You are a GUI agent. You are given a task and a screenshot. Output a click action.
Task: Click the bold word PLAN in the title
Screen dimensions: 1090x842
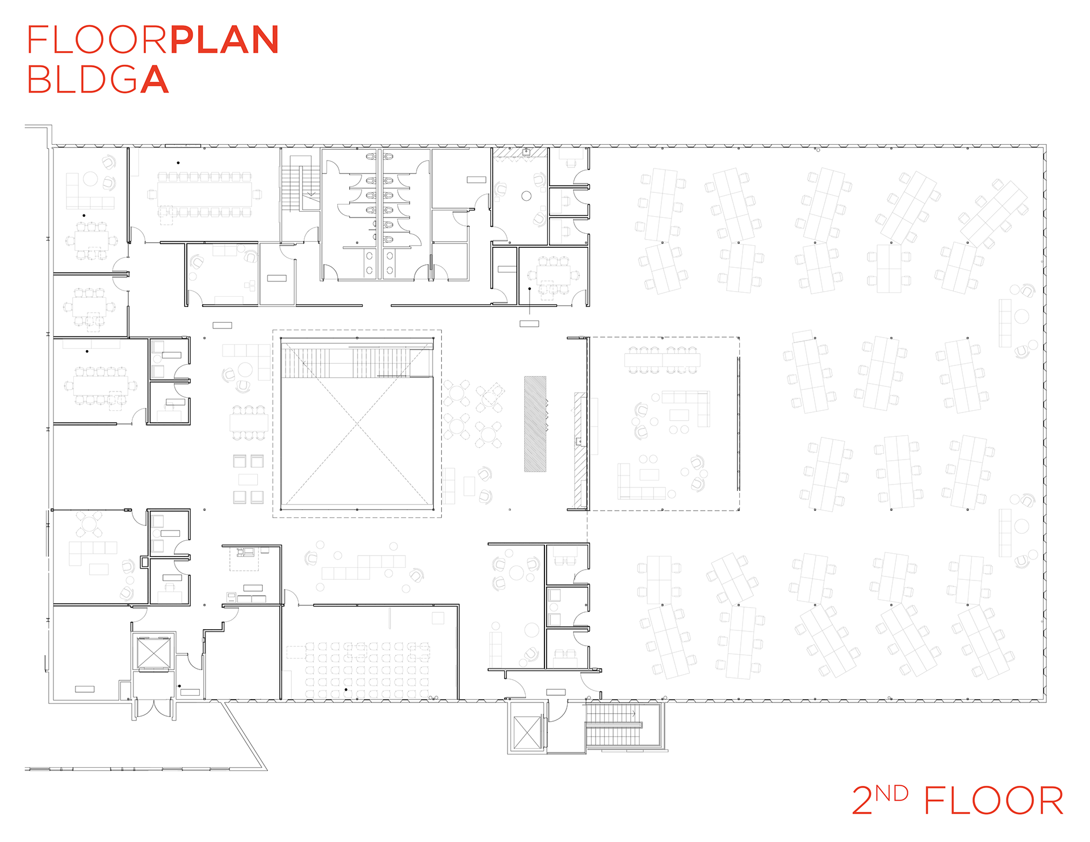tap(225, 40)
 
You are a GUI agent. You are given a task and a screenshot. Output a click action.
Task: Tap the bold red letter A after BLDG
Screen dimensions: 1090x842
tap(154, 79)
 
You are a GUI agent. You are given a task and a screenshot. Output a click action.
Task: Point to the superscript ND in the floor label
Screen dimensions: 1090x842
tap(891, 793)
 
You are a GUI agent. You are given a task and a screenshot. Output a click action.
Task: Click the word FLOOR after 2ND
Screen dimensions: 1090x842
tap(993, 801)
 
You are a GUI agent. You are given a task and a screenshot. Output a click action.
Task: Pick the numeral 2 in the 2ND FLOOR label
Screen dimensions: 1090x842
tap(862, 801)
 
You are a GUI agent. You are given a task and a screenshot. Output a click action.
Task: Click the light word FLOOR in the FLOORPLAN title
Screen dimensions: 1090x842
tap(98, 40)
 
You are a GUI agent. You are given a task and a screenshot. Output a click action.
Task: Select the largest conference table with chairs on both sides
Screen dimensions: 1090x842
tap(204, 195)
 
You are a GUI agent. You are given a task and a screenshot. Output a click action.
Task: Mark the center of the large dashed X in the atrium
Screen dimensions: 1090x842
tap(357, 424)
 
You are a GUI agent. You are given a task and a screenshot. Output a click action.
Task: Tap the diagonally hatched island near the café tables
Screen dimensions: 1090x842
tap(535, 424)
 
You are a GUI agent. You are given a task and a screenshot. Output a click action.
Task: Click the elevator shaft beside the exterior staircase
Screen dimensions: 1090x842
tap(527, 732)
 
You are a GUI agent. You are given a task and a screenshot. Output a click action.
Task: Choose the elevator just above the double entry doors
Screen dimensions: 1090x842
tap(153, 652)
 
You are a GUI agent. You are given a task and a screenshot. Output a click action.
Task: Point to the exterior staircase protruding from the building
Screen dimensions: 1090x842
tap(614, 725)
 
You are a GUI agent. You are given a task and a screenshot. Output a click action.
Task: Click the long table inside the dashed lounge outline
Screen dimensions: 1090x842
tap(663, 360)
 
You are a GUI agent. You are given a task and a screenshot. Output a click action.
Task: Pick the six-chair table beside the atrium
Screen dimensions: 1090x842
tap(249, 423)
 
